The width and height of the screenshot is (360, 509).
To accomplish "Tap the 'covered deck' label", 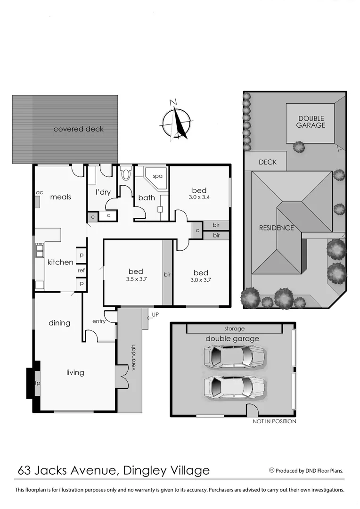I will point(78,129).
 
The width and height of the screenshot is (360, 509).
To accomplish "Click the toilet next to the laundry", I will point(126,174).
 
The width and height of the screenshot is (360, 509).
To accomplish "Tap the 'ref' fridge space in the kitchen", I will point(82,271).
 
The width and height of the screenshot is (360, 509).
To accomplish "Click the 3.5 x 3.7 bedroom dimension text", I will point(136,279).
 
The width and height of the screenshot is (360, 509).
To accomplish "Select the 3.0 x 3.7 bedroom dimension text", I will point(201,280).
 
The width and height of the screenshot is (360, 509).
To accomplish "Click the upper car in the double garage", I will point(234,356).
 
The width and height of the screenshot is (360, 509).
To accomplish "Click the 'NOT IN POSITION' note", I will point(274,421).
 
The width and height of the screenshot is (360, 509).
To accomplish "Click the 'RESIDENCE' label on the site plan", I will point(276,228).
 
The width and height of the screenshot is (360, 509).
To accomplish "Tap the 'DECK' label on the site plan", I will point(267,162).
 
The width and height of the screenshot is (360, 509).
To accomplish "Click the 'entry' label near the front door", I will point(99,321).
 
